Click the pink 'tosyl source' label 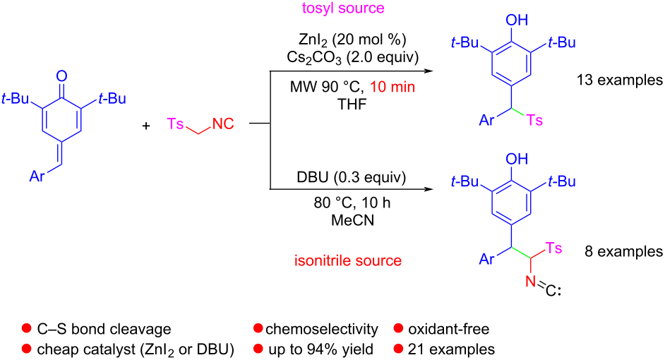click(x=343, y=8)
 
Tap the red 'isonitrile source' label click(x=348, y=260)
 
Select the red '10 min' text click(x=393, y=87)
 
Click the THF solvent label click(x=352, y=104)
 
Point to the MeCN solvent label click(x=352, y=220)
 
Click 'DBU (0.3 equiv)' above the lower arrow click(x=351, y=177)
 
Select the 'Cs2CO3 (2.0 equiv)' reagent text click(x=352, y=57)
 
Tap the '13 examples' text click(x=620, y=80)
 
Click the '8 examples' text click(x=624, y=251)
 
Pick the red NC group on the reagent click(x=223, y=124)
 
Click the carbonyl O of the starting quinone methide click(x=62, y=76)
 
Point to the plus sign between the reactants click(x=146, y=126)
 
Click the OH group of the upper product click(x=517, y=20)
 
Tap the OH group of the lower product click(x=517, y=159)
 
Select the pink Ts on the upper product click(x=535, y=121)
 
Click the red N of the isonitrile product click(x=531, y=281)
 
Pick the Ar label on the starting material click(x=37, y=176)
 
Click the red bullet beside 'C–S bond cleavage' click(x=26, y=329)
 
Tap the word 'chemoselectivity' click(x=321, y=329)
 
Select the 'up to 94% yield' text click(x=321, y=349)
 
